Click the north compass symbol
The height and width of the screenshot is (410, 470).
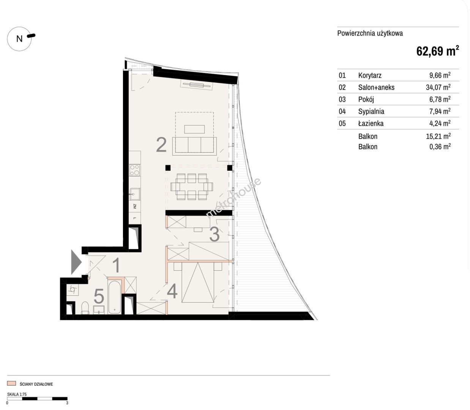(x=20, y=39)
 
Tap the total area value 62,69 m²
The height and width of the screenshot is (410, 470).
(x=438, y=51)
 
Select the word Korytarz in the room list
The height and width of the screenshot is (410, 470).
(x=370, y=75)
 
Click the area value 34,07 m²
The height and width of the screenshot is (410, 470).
(x=438, y=87)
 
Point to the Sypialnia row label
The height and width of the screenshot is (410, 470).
(x=371, y=111)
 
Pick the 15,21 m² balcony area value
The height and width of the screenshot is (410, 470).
(x=438, y=136)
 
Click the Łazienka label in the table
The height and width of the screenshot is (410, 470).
(x=371, y=123)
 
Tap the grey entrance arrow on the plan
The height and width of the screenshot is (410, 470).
(x=76, y=262)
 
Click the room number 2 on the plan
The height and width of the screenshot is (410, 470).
(x=161, y=145)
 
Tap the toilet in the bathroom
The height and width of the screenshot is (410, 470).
(x=85, y=308)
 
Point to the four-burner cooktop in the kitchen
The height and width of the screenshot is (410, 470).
(x=135, y=170)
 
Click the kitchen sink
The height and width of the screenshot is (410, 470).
(x=135, y=194)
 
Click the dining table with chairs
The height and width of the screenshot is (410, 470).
(x=192, y=186)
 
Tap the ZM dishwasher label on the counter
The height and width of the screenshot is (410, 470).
(x=135, y=206)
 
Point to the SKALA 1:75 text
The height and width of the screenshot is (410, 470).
(x=17, y=394)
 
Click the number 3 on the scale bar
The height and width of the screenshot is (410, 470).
(x=67, y=403)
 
